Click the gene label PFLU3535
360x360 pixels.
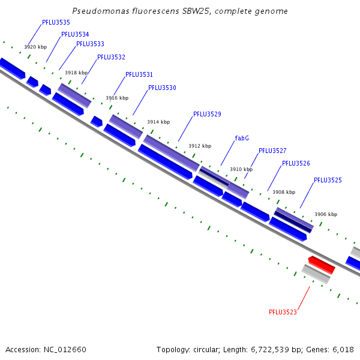pyautogui.click(x=56, y=23)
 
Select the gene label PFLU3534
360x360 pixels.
pyautogui.click(x=75, y=35)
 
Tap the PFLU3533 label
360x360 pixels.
pyautogui.click(x=90, y=44)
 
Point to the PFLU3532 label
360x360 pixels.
pyautogui.click(x=111, y=58)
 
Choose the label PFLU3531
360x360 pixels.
pyautogui.click(x=139, y=75)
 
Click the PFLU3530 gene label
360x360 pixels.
pyautogui.click(x=162, y=88)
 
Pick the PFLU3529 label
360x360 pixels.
pyautogui.click(x=207, y=115)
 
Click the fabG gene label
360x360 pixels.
pyautogui.click(x=242, y=139)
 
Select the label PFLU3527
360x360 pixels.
pyautogui.click(x=272, y=151)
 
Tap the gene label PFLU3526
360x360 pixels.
pyautogui.click(x=296, y=164)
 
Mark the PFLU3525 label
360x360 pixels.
pyautogui.click(x=328, y=181)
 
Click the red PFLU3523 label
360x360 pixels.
pyautogui.click(x=283, y=312)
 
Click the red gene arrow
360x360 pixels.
pyautogui.click(x=322, y=264)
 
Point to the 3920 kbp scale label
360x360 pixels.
pyautogui.click(x=35, y=47)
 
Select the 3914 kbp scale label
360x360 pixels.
pyautogui.click(x=158, y=122)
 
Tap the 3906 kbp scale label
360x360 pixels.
pyautogui.click(x=326, y=214)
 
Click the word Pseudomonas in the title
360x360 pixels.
pyautogui.click(x=95, y=11)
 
